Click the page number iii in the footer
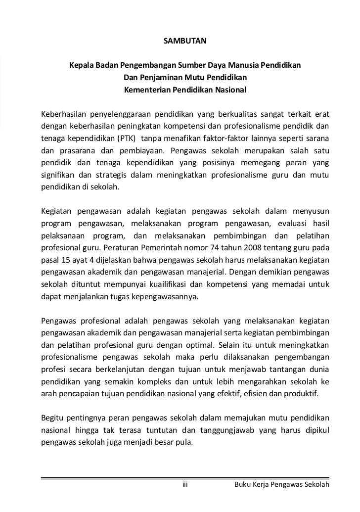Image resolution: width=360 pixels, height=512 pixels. click(185, 484)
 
